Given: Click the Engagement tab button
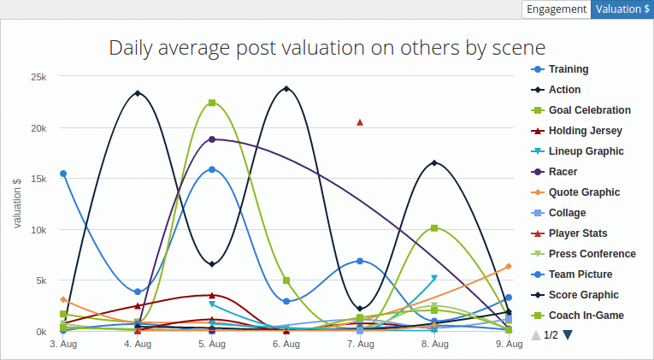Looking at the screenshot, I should pyautogui.click(x=556, y=9).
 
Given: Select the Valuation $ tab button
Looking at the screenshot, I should pyautogui.click(x=622, y=9).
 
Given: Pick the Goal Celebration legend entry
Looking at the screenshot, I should pyautogui.click(x=589, y=110).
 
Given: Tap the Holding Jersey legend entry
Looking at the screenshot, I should pyautogui.click(x=585, y=131).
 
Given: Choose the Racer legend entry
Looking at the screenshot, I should pyautogui.click(x=563, y=172).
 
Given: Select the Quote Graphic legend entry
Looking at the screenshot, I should pyautogui.click(x=583, y=192).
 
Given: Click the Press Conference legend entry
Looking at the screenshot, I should pyautogui.click(x=592, y=254).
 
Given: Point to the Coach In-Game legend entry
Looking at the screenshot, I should pyautogui.click(x=586, y=316).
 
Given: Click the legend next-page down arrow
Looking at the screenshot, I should pyautogui.click(x=567, y=335).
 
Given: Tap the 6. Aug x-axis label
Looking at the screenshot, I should pyautogui.click(x=286, y=345).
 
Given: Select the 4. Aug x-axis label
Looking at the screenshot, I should pyautogui.click(x=138, y=345).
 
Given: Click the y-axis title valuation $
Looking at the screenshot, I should pyautogui.click(x=17, y=204).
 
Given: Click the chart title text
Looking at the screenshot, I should pyautogui.click(x=327, y=46).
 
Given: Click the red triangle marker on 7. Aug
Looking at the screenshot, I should pyautogui.click(x=360, y=122).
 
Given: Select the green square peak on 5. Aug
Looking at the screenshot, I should pyautogui.click(x=212, y=103).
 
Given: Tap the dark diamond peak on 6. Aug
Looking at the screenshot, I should pyautogui.click(x=286, y=88).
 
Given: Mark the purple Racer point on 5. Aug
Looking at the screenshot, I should pyautogui.click(x=212, y=139).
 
